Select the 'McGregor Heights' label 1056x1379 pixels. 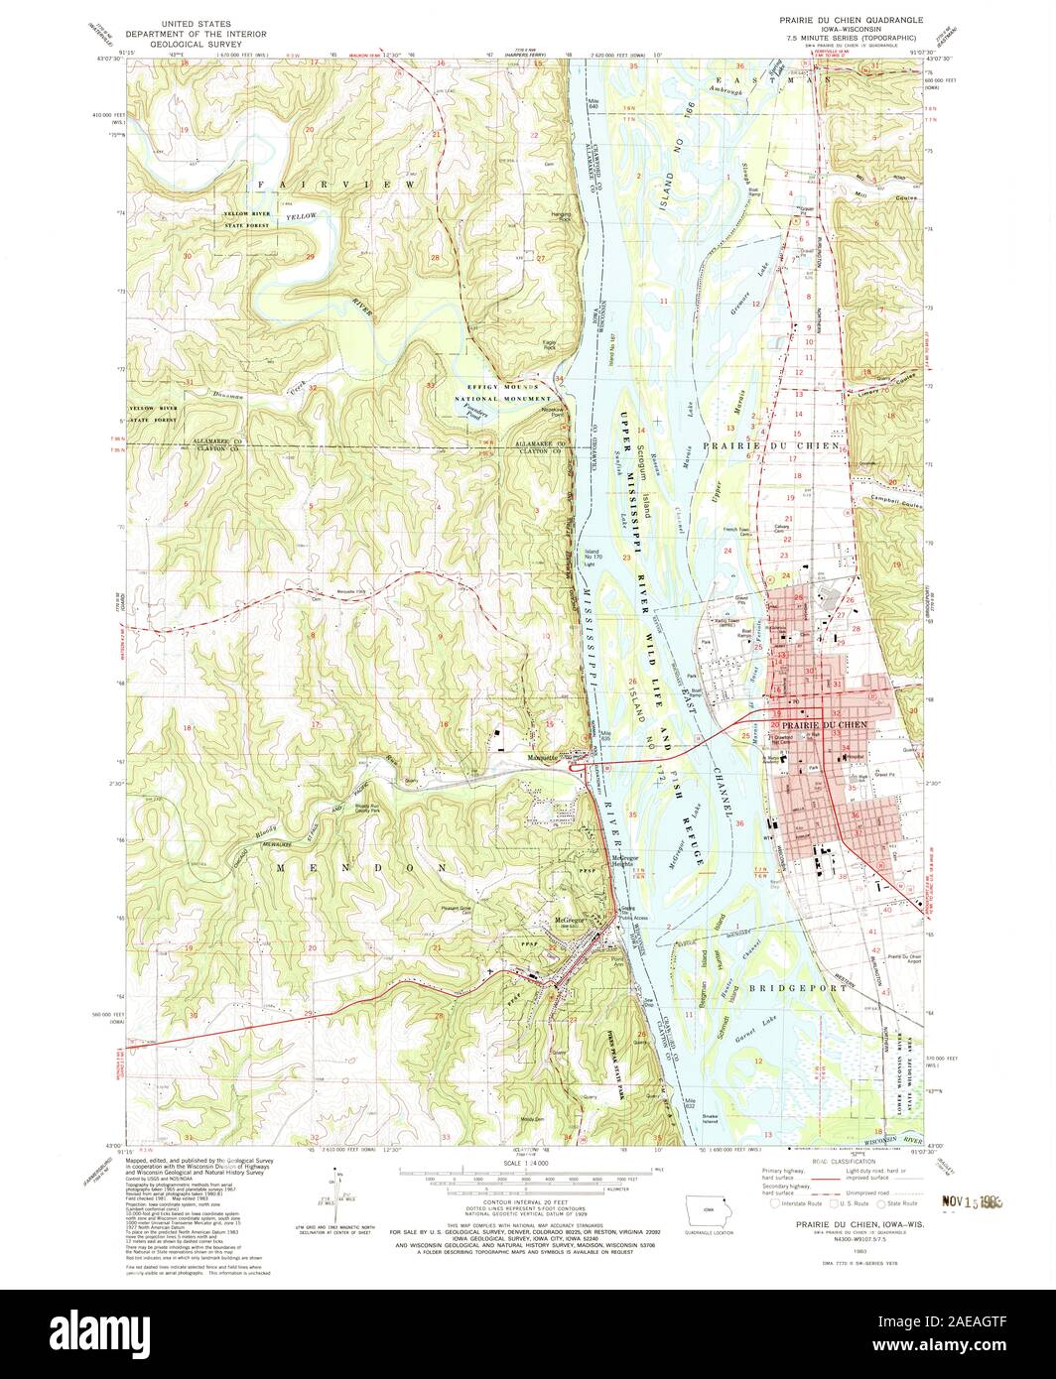click(x=624, y=859)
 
